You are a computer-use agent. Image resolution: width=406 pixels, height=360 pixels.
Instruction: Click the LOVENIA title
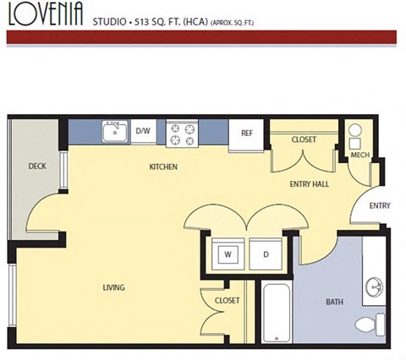click(45, 14)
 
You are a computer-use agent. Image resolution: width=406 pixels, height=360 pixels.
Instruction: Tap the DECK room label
click(36, 166)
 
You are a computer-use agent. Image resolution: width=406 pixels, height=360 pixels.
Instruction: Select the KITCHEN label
click(163, 167)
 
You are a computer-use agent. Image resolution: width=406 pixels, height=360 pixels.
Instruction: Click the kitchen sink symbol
click(113, 131)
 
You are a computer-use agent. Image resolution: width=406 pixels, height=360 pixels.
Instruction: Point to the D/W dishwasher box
click(144, 131)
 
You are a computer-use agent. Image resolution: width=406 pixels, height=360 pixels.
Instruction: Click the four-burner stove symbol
click(181, 131)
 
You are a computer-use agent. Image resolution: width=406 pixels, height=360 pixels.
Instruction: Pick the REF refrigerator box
click(247, 134)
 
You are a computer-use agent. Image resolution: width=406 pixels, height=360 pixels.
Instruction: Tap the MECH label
click(360, 155)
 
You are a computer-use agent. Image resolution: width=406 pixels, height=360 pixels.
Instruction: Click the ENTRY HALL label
click(309, 183)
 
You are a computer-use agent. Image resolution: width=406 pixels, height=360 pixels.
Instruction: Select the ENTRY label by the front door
click(380, 205)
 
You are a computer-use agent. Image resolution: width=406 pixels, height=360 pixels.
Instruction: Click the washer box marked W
click(228, 254)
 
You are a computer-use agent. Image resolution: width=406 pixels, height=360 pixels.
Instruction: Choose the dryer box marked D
click(265, 254)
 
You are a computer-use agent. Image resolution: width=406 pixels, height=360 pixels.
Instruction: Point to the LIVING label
click(113, 288)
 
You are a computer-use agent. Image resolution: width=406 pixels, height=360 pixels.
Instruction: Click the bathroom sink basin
click(375, 287)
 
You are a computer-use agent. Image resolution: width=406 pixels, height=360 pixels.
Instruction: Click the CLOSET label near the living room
click(227, 301)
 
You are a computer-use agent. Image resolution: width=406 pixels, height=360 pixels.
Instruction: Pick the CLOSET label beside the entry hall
click(304, 139)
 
